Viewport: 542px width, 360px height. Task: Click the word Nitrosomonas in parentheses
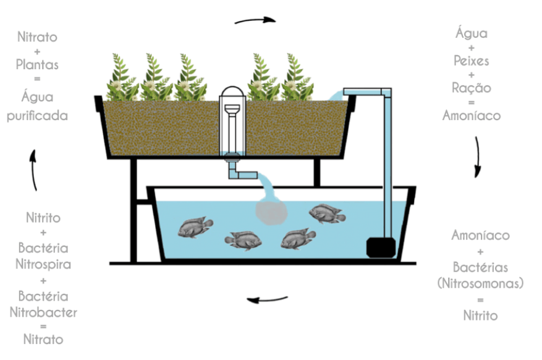tap(480, 283)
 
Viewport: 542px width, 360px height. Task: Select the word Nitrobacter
tap(43, 312)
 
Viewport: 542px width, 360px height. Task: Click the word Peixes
tap(471, 61)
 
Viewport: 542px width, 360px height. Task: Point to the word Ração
tap(471, 88)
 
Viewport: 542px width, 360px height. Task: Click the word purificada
tap(38, 115)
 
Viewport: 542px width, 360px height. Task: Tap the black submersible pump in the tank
tap(379, 247)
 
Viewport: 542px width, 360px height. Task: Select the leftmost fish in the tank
tap(195, 228)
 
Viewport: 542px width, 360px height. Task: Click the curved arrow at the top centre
tap(255, 20)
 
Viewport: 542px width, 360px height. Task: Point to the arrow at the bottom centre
tap(268, 301)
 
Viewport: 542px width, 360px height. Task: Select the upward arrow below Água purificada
tap(34, 169)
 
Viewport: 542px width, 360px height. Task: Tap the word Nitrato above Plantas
tap(38, 37)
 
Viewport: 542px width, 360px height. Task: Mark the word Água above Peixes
tap(471, 33)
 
